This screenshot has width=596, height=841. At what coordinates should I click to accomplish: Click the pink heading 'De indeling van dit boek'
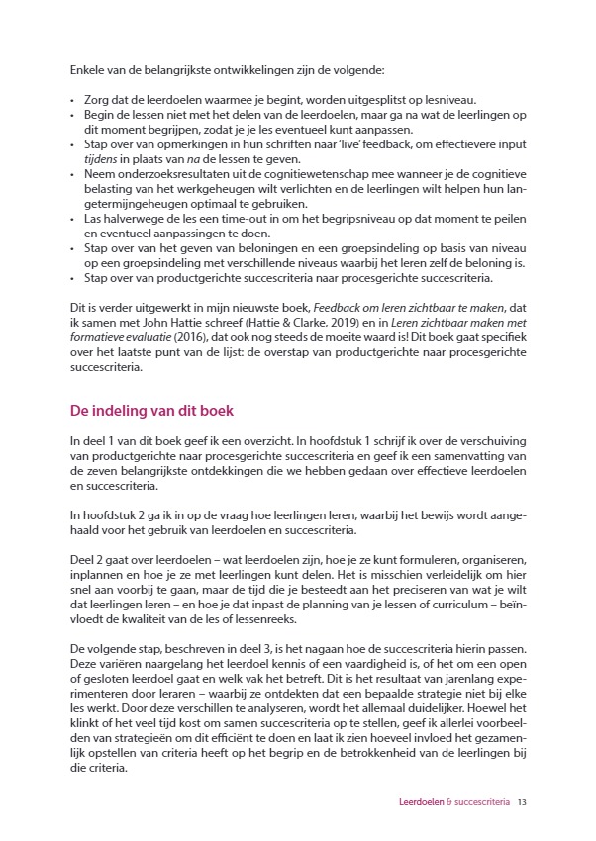151,411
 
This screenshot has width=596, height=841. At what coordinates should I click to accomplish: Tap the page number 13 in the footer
521,802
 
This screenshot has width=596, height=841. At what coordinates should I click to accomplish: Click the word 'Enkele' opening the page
87,71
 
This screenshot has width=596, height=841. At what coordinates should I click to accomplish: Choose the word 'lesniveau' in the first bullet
449,100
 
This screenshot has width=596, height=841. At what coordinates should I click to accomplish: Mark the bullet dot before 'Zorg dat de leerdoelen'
72,100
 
